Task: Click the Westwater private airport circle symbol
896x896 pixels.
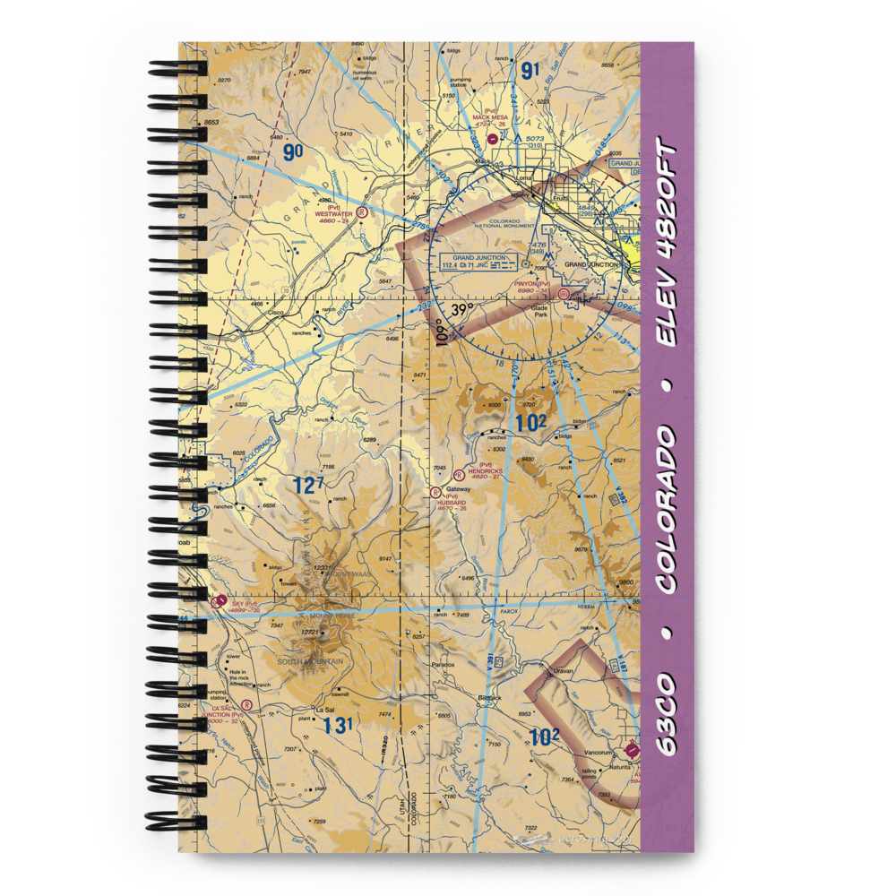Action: tap(361, 213)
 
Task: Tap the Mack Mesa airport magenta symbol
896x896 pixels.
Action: tap(494, 138)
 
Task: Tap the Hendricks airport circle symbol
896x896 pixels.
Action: tap(459, 474)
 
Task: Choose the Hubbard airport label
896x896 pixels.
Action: tap(452, 503)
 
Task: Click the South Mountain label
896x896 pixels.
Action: tap(305, 661)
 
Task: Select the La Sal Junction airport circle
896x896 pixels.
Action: tap(246, 704)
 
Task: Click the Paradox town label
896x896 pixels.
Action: tap(443, 665)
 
